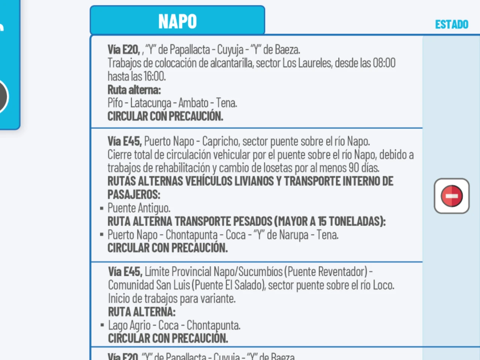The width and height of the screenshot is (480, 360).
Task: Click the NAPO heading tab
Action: [x=177, y=21]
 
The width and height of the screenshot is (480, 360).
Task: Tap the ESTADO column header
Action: [x=451, y=25]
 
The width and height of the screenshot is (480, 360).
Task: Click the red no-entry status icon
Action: [x=451, y=196]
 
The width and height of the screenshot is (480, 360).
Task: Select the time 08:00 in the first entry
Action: [x=384, y=63]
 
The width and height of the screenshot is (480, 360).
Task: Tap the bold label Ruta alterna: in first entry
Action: [x=134, y=90]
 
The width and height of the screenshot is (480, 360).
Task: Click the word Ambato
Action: [x=193, y=103]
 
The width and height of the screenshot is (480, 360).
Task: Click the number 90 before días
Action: [x=354, y=168]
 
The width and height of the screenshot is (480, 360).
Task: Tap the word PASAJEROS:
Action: [x=134, y=195]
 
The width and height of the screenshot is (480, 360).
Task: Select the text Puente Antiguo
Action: [x=139, y=208]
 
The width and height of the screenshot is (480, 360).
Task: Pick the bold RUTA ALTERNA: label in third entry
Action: [x=141, y=312]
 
